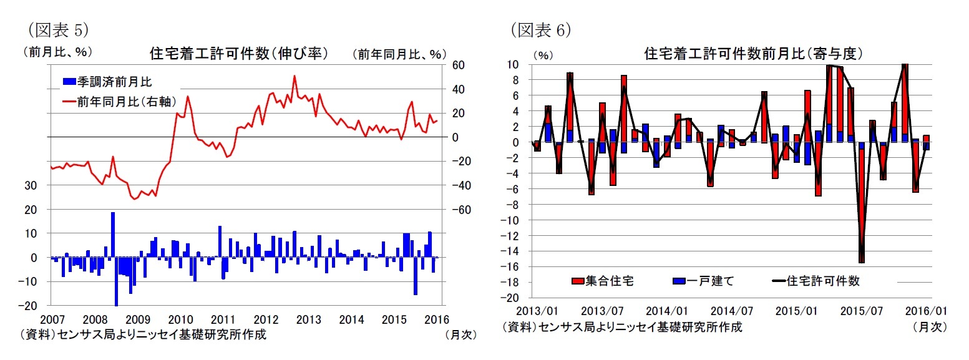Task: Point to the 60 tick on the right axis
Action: tap(458, 65)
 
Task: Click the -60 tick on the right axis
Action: tap(457, 210)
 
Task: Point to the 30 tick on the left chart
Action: tap(34, 186)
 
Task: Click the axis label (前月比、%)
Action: tap(52, 52)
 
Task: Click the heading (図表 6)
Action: tap(540, 29)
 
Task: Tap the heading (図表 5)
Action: tap(58, 29)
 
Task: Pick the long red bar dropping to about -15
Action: tap(862, 206)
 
